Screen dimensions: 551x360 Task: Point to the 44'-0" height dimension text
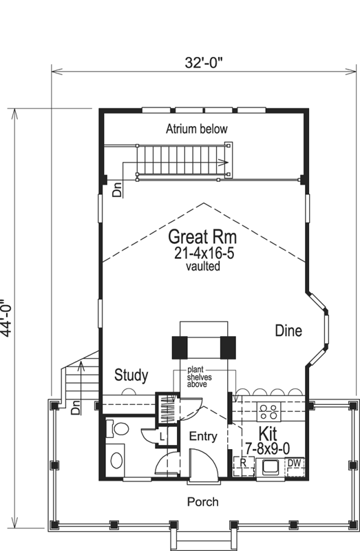click(8, 317)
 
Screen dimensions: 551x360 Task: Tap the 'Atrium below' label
click(197, 129)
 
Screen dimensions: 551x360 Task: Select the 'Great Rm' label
click(202, 238)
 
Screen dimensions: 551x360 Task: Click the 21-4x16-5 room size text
click(202, 253)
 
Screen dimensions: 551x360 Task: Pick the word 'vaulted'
click(202, 266)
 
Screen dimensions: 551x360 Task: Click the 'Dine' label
click(288, 331)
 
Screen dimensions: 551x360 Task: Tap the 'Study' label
click(131, 375)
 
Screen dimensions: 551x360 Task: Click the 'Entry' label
click(202, 436)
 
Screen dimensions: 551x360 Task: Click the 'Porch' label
click(202, 502)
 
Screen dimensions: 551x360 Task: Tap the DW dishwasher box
click(294, 463)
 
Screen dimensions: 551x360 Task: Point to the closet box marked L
click(162, 435)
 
